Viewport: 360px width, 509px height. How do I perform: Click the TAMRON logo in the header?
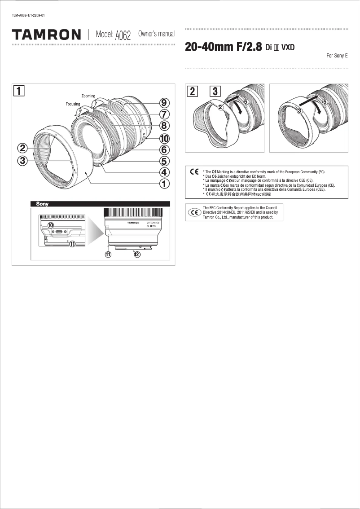(x=46, y=35)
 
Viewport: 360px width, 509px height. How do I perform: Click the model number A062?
(x=123, y=35)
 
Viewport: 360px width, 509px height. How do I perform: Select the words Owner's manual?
(x=156, y=34)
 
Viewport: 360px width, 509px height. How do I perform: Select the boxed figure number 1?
(x=19, y=91)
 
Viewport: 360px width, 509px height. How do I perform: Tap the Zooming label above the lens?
(x=88, y=96)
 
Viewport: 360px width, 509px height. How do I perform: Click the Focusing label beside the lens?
(x=73, y=104)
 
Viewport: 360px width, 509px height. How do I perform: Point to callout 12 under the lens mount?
(x=137, y=254)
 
